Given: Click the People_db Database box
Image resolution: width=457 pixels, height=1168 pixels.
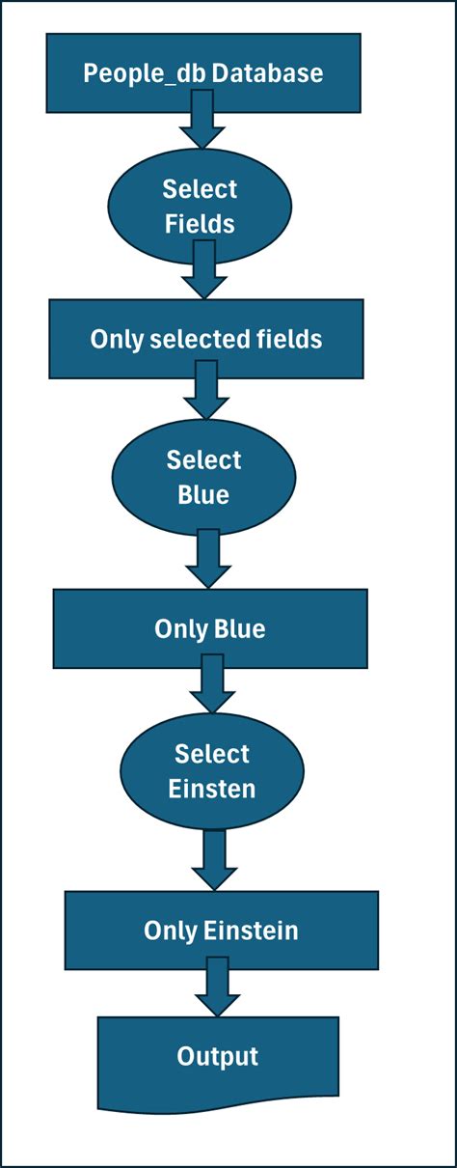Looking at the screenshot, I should pos(202,72).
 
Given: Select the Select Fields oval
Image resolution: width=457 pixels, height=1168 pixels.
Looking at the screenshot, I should pos(200,206).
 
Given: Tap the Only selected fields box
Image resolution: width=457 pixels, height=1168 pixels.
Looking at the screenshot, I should pos(206,339).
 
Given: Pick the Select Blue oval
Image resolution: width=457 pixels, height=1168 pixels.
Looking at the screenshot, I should pos(203,477).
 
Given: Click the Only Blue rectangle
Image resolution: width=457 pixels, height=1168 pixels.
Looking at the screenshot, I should pos(209,629).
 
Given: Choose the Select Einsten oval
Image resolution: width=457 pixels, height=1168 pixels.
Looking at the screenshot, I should pos(211,771).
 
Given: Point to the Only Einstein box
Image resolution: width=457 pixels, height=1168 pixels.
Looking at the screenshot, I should pos(221,931).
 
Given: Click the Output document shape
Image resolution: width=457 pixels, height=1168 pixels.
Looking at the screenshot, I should pos(217,1058).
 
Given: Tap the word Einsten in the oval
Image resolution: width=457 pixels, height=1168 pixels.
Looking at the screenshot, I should pos(211,789).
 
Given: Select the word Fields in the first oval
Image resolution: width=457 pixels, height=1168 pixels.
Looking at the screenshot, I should pos(200,223).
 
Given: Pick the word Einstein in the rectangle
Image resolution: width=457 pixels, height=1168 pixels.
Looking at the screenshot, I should pos(251,931).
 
